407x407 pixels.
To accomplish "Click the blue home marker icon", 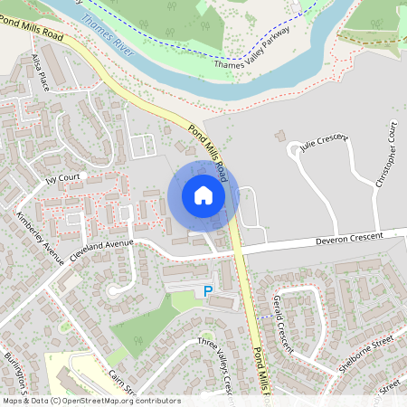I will tap(203, 195).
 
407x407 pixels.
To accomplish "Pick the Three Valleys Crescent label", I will tap(218, 362).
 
